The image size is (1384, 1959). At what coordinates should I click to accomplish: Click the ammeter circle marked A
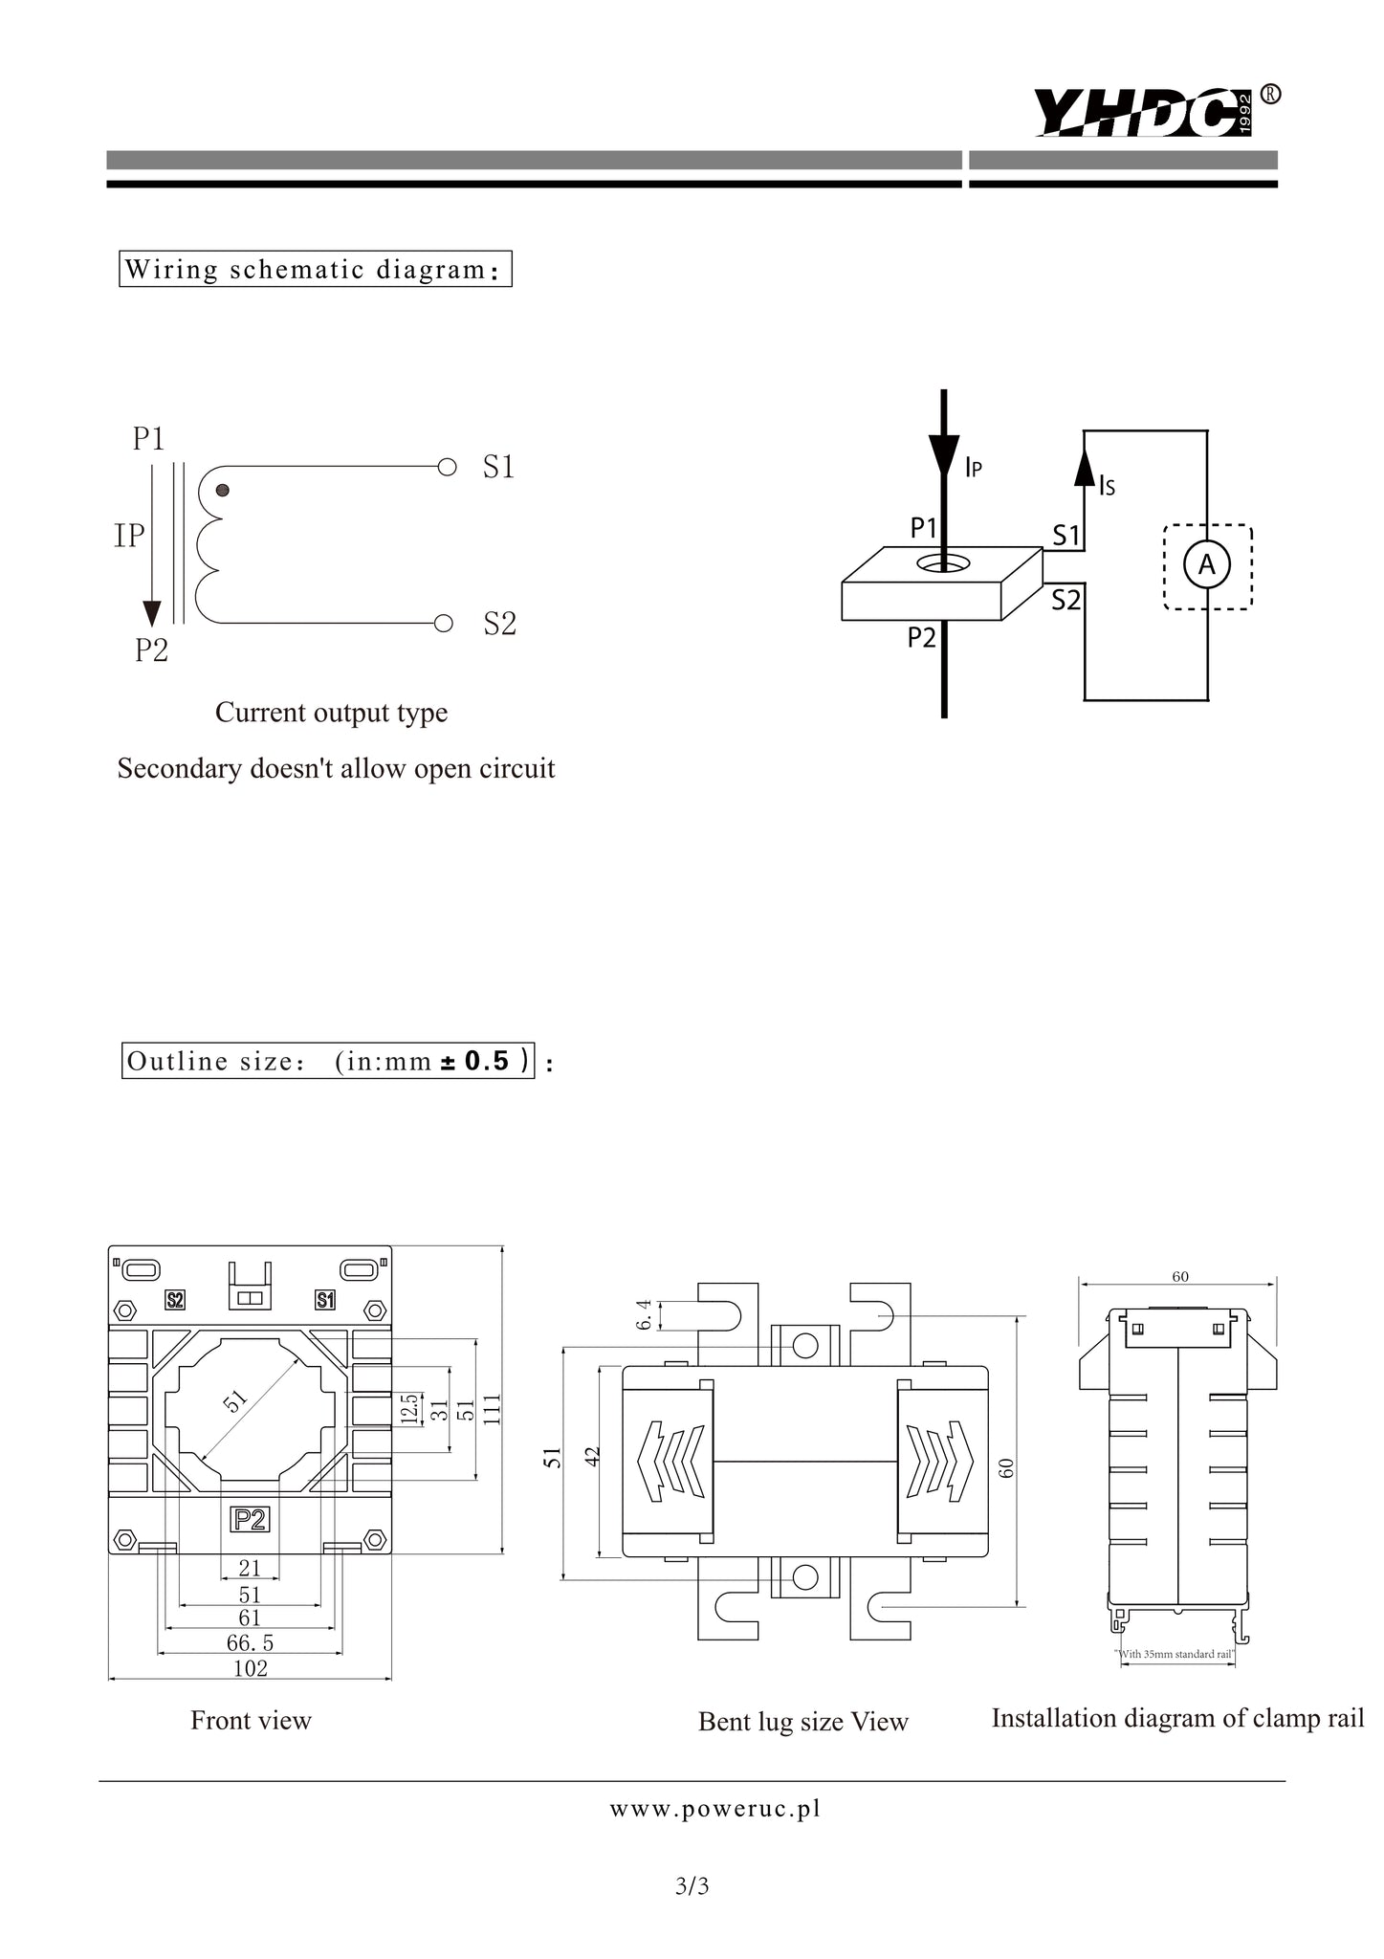point(1207,566)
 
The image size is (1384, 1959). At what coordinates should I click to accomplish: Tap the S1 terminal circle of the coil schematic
point(446,468)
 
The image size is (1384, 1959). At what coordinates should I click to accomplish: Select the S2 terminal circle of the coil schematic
point(444,624)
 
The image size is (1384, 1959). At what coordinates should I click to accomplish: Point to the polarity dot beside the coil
point(223,491)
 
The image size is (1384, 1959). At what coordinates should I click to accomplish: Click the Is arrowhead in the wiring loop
point(1084,466)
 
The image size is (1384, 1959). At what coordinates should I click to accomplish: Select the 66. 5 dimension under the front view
point(250,1642)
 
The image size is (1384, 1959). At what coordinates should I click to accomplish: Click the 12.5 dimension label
point(409,1410)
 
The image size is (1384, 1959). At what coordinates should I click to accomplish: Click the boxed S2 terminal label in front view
point(175,1300)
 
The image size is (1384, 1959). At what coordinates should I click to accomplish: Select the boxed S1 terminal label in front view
point(325,1300)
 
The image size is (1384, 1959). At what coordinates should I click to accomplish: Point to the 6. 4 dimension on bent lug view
point(645,1314)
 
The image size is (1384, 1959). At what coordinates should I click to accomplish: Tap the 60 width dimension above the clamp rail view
point(1180,1277)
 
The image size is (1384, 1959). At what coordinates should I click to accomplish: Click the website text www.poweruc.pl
point(715,1809)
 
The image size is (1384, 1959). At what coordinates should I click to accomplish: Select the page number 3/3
point(692,1886)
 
